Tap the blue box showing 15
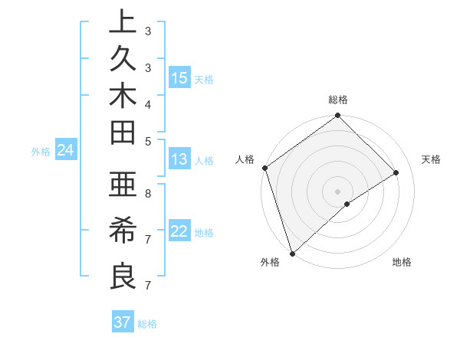[179, 78]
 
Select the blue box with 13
[179, 159]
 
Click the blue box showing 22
[179, 231]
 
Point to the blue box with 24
[66, 151]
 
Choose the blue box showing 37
[123, 322]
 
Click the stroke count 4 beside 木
[147, 103]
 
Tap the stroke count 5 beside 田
[147, 140]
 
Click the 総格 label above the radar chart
[338, 100]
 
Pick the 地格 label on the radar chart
[402, 262]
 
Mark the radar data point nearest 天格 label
[396, 173]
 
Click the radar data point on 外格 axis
[292, 253]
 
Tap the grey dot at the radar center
[338, 191]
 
